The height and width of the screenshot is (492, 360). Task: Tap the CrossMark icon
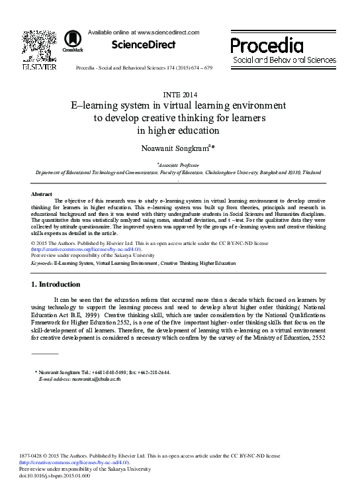pyautogui.click(x=69, y=42)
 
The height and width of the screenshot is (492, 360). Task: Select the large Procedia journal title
pyautogui.click(x=267, y=46)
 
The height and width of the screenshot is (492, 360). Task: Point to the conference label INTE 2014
pyautogui.click(x=179, y=94)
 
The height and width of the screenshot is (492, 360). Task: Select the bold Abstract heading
pyautogui.click(x=42, y=194)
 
